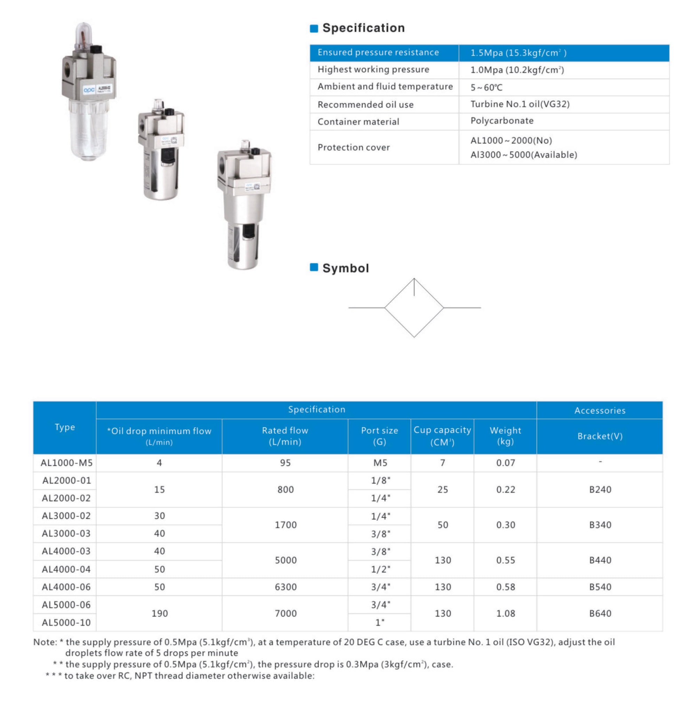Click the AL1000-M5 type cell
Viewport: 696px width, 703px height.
pos(66,463)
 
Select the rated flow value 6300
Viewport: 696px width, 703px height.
pos(285,586)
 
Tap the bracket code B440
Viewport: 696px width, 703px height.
pos(600,560)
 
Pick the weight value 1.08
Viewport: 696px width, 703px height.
pos(506,613)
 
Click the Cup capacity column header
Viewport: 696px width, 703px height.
pos(442,436)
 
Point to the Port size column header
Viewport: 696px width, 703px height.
pos(379,436)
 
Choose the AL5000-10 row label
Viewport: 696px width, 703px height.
pos(66,622)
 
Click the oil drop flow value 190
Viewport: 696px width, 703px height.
pos(159,613)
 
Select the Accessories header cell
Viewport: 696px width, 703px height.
pos(600,410)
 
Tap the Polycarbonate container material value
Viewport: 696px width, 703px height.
pos(501,121)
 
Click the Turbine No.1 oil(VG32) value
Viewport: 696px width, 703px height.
pos(520,104)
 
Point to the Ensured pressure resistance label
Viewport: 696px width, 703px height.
pos(378,53)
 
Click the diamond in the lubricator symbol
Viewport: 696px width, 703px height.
pos(414,308)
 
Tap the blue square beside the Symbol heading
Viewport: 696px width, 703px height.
pos(314,267)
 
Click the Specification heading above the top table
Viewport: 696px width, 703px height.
pos(363,28)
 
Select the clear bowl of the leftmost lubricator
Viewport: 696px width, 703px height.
pos(88,129)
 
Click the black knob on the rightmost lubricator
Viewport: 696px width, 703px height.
pos(255,151)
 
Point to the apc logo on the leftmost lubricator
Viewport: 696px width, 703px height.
pos(89,90)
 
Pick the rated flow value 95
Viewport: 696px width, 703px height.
pos(285,463)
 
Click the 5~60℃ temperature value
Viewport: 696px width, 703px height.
pos(486,87)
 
